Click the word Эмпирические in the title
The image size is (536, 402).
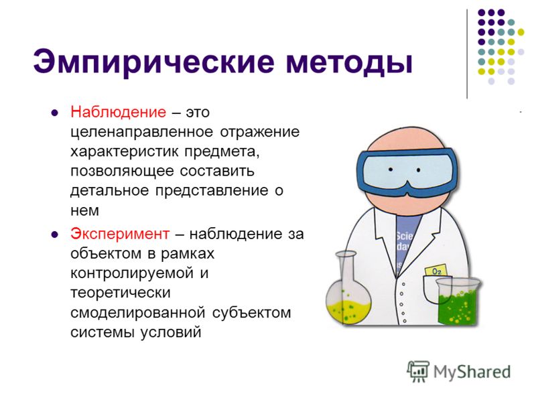click(154, 62)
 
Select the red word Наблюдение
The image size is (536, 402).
click(119, 112)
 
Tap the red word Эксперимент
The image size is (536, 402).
click(120, 234)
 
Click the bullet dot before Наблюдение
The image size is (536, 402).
click(54, 113)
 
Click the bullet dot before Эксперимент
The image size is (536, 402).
click(54, 234)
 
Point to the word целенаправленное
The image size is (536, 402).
click(141, 132)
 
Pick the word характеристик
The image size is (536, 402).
click(125, 151)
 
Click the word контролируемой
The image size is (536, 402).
click(132, 273)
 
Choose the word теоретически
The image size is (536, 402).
click(121, 293)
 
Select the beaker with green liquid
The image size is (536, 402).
click(458, 301)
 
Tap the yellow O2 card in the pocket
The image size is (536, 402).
click(436, 271)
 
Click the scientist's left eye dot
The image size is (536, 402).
click(391, 170)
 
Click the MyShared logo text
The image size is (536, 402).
click(472, 372)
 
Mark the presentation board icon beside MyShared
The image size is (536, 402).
click(418, 371)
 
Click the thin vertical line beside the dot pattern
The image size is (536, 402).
click(467, 54)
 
